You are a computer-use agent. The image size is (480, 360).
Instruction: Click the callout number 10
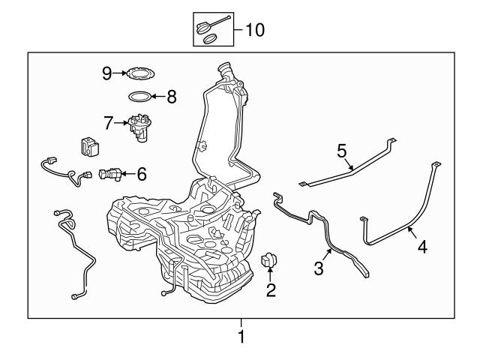(255, 30)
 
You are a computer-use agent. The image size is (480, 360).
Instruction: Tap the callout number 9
(107, 73)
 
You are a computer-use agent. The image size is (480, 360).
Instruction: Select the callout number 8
(171, 96)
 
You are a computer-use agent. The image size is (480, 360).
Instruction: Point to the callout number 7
(109, 121)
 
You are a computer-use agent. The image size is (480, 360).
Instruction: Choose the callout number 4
(422, 246)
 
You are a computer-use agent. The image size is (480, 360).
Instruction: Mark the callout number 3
(319, 268)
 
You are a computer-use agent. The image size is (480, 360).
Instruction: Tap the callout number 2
(271, 289)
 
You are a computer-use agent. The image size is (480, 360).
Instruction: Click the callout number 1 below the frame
(241, 337)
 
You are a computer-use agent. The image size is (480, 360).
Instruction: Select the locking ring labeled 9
(136, 73)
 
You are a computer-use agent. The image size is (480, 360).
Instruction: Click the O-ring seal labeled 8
(139, 96)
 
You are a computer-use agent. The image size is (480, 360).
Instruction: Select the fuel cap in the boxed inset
(207, 28)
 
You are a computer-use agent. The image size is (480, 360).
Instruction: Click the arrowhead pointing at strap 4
(410, 230)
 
